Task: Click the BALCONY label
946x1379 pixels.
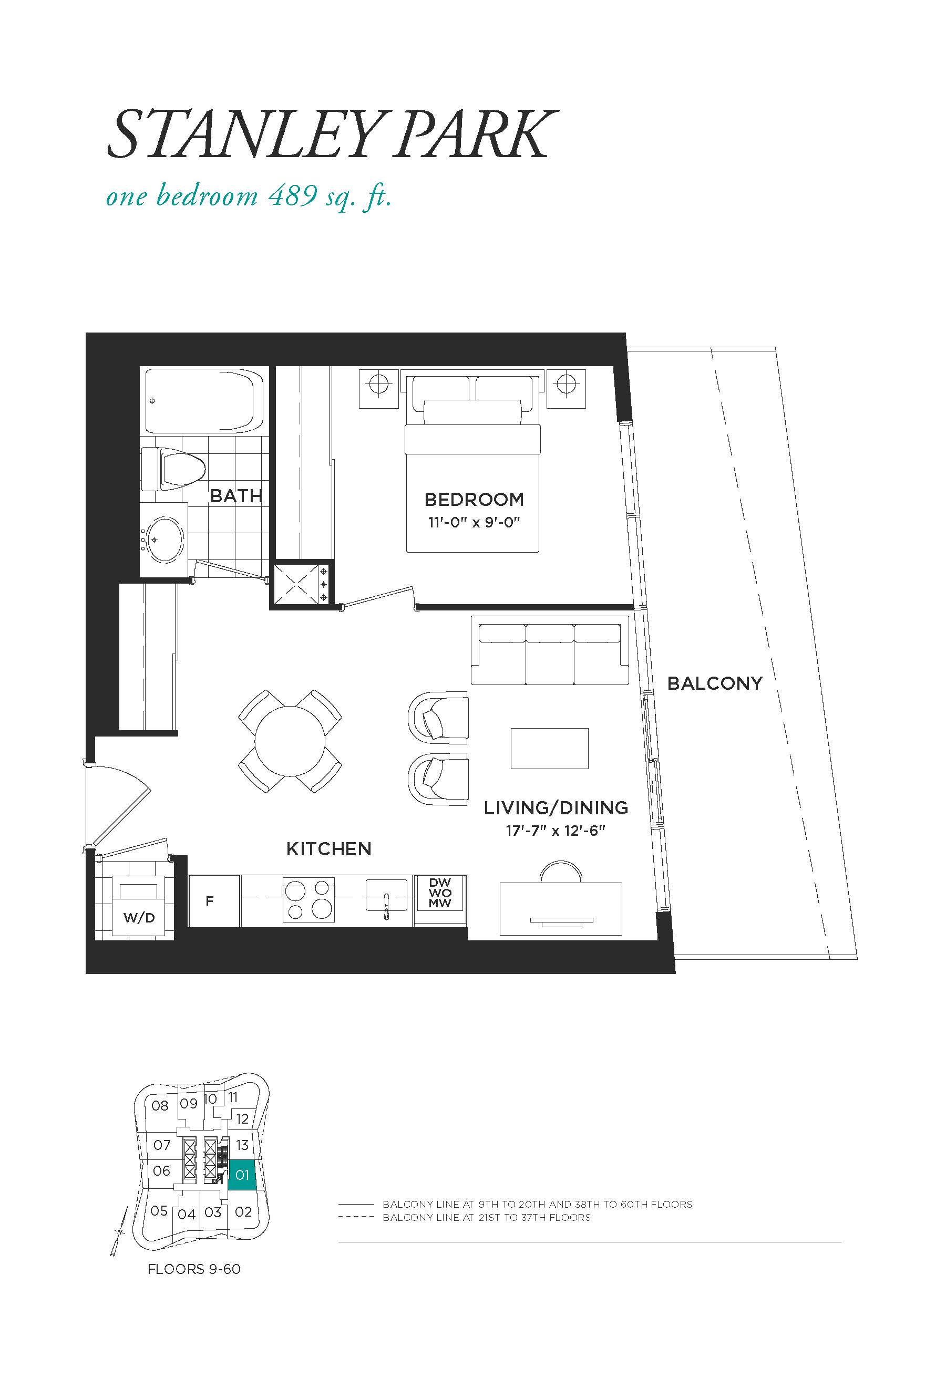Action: point(715,683)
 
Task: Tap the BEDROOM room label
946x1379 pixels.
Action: point(474,500)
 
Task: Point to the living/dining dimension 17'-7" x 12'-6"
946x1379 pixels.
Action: point(556,831)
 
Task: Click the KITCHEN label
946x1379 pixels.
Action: point(329,849)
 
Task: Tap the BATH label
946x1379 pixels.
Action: point(236,495)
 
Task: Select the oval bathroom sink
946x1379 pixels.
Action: point(165,540)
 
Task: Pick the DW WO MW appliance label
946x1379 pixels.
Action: point(440,893)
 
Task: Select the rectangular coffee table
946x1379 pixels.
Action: point(550,748)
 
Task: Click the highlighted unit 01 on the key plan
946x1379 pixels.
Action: point(242,1175)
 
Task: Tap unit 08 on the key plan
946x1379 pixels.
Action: point(160,1106)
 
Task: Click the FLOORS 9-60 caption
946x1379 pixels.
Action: point(194,1269)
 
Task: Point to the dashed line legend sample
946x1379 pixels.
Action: point(356,1218)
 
